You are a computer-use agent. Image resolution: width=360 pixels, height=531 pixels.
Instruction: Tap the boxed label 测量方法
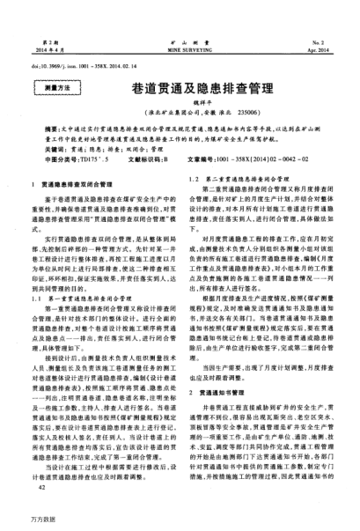pos(49,89)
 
